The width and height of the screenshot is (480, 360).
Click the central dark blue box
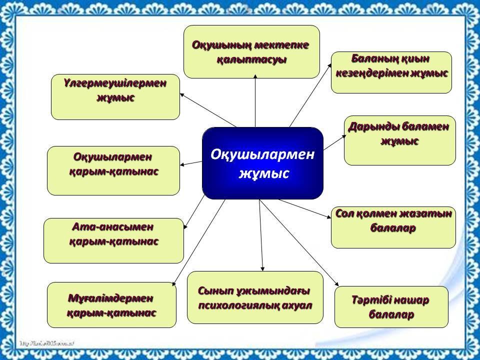point(262,163)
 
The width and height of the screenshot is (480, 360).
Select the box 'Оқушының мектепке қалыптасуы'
point(251,52)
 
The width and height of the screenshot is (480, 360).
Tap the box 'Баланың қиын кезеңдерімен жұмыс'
point(391,72)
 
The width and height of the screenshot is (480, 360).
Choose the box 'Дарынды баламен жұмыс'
point(400,140)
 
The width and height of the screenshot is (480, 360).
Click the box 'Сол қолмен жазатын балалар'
point(393,227)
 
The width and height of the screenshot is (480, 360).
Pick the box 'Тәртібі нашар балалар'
point(391,307)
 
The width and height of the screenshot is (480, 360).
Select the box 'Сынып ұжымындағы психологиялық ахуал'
point(255,297)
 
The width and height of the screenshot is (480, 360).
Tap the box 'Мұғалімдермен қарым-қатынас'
point(111,305)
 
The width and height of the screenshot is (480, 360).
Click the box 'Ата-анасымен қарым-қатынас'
point(113,240)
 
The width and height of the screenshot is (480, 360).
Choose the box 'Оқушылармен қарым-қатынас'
point(113,170)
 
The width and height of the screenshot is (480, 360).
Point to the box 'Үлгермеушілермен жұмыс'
point(115,97)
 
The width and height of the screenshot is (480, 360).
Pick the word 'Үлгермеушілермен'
point(115,83)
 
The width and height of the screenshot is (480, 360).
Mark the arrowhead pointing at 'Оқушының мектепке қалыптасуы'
point(255,76)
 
